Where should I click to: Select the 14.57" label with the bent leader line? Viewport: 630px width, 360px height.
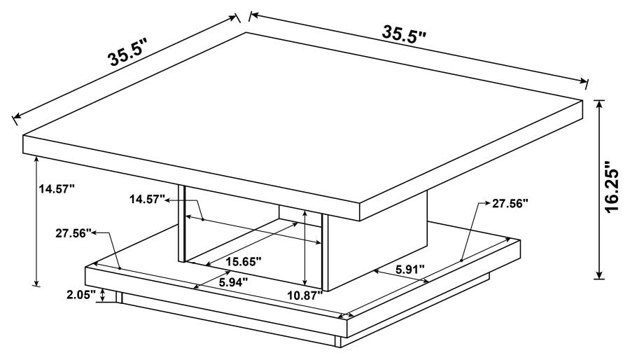tap(146, 200)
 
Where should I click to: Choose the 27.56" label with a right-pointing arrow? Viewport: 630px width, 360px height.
tap(509, 204)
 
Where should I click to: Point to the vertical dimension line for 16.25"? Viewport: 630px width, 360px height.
tap(598, 189)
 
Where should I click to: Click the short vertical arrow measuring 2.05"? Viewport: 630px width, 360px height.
tap(104, 295)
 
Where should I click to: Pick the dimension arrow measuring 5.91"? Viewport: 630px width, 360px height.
tap(400, 277)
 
